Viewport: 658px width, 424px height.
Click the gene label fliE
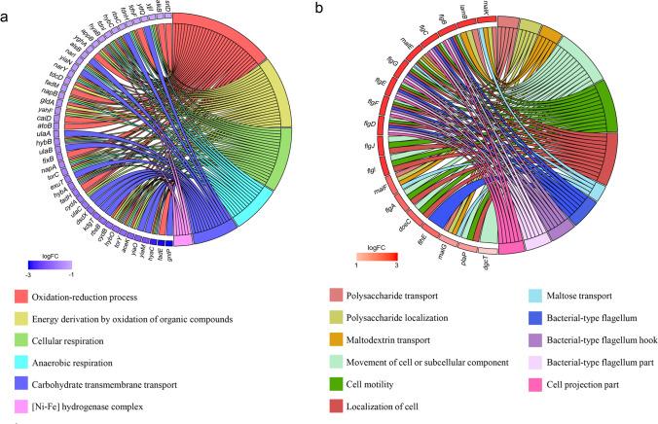[395, 235]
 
